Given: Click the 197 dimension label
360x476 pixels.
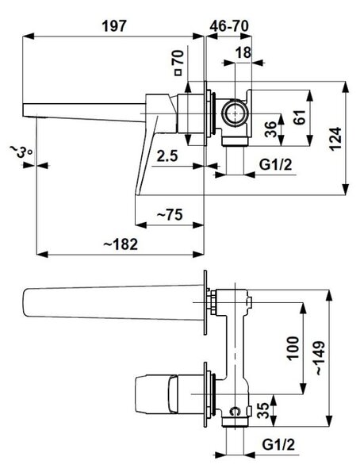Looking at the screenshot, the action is pyautogui.click(x=113, y=26).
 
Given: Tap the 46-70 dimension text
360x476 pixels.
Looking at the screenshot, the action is pyautogui.click(x=229, y=26).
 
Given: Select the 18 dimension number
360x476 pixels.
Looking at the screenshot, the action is pyautogui.click(x=243, y=53).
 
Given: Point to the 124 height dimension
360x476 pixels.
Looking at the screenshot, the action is pyautogui.click(x=335, y=139).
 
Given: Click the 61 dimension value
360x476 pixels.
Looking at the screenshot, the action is pyautogui.click(x=300, y=117).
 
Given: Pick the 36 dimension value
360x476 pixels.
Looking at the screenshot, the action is pyautogui.click(x=270, y=129).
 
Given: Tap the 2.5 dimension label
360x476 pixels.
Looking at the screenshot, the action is pyautogui.click(x=167, y=156).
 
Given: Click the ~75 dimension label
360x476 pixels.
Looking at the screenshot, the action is pyautogui.click(x=170, y=215).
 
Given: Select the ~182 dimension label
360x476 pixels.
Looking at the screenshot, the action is pyautogui.click(x=121, y=244).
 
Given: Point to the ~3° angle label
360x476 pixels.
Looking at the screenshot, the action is pyautogui.click(x=20, y=152).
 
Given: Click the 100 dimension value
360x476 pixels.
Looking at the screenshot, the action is pyautogui.click(x=293, y=348).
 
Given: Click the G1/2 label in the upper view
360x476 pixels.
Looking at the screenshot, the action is pyautogui.click(x=276, y=165).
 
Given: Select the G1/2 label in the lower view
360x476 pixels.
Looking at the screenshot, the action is pyautogui.click(x=278, y=445).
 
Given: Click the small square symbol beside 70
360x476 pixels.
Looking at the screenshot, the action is pyautogui.click(x=178, y=72).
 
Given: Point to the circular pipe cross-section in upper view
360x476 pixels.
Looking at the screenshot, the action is pyautogui.click(x=235, y=113).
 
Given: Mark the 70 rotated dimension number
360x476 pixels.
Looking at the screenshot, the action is pyautogui.click(x=178, y=57).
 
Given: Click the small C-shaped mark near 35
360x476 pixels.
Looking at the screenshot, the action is pyautogui.click(x=235, y=411).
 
